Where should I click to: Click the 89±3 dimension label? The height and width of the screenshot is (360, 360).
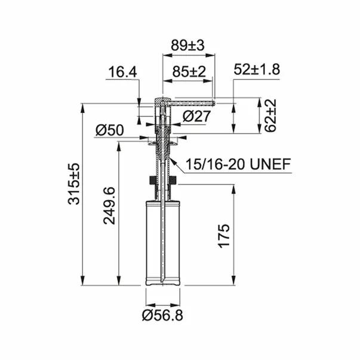[187, 45]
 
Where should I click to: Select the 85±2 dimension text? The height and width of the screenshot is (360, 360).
[189, 72]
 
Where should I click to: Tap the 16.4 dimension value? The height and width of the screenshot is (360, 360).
[122, 72]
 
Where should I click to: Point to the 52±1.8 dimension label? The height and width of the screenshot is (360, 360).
[257, 70]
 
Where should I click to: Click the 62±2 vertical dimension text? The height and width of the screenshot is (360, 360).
[270, 115]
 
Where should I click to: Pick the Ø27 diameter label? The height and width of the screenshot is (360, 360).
[196, 116]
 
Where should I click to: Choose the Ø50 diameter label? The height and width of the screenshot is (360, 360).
[109, 130]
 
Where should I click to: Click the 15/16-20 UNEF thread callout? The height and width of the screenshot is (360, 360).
[238, 164]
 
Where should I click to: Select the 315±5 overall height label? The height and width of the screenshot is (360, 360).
[74, 184]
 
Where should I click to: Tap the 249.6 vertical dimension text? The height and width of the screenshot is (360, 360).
[109, 206]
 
